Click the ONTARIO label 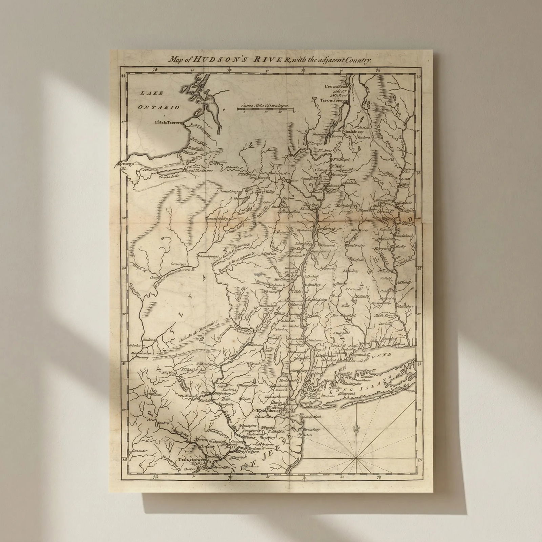(158, 107)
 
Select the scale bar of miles (265, 110)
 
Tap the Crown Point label (335, 86)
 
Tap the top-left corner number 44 (124, 76)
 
